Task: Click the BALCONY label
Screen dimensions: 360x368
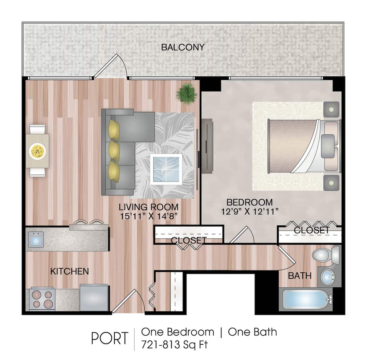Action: click(182, 47)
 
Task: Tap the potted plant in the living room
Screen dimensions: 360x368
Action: click(186, 93)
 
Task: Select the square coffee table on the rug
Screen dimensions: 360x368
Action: click(166, 169)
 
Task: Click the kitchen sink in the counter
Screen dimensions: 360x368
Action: click(36, 239)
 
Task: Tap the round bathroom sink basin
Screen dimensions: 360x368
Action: click(328, 277)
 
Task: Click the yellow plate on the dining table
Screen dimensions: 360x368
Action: click(37, 151)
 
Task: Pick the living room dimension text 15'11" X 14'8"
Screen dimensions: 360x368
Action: click(149, 216)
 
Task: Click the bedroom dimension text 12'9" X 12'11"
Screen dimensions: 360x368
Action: click(250, 211)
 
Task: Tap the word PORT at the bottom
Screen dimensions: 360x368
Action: click(109, 339)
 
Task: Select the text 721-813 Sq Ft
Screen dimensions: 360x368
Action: click(174, 344)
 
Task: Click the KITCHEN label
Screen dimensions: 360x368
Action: click(70, 271)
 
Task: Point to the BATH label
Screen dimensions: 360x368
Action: click(300, 276)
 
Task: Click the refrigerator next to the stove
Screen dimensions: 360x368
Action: click(94, 297)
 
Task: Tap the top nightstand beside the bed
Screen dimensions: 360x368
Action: click(331, 109)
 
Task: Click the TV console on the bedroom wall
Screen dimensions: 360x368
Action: click(207, 145)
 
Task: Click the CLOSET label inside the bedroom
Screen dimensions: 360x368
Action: click(312, 230)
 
